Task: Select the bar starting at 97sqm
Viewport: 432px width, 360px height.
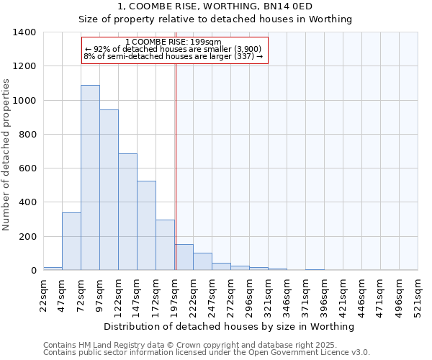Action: (109, 190)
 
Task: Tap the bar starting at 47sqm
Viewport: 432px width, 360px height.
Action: (71, 241)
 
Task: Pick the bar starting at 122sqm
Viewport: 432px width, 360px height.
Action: (127, 212)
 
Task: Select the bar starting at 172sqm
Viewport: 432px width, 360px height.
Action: (165, 245)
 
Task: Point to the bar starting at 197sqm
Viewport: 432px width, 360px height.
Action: (184, 258)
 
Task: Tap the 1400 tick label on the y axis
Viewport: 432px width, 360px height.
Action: (24, 32)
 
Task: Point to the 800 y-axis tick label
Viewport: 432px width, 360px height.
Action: (27, 135)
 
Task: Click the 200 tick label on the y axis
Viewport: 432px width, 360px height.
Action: (27, 237)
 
